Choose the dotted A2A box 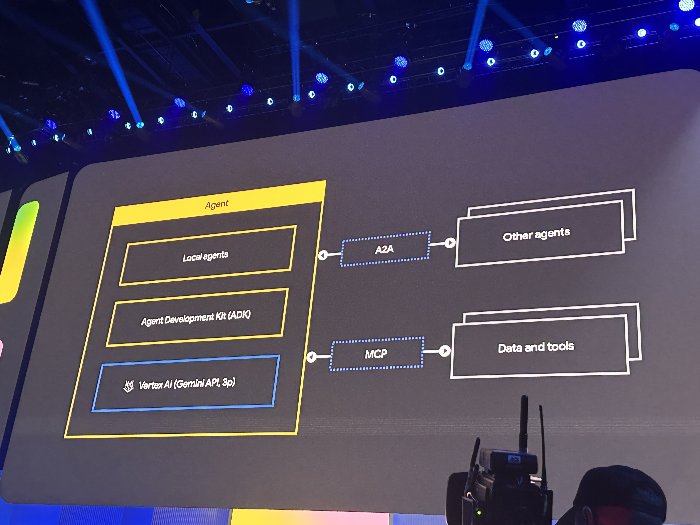click(385, 249)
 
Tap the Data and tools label click(536, 347)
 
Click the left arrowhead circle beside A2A click(323, 255)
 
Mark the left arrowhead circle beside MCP click(311, 357)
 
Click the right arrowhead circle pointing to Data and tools click(445, 351)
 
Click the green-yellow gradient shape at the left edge click(17, 250)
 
